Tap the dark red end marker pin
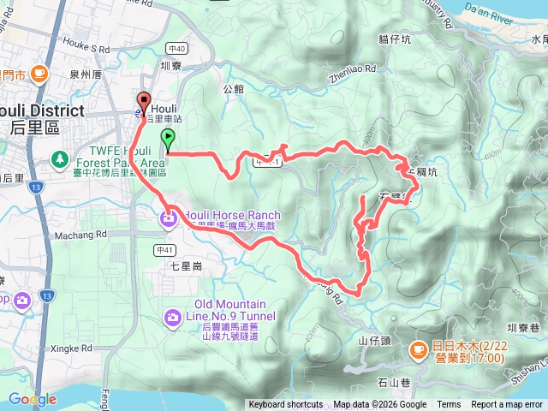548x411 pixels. pyautogui.click(x=144, y=100)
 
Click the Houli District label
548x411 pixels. pyautogui.click(x=43, y=111)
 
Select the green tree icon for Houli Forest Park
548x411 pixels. pyautogui.click(x=60, y=158)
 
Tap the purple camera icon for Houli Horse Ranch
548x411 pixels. pyautogui.click(x=169, y=220)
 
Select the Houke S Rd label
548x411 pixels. pyautogui.click(x=87, y=51)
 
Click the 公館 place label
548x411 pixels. pyautogui.click(x=234, y=87)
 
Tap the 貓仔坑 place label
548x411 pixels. pyautogui.click(x=396, y=39)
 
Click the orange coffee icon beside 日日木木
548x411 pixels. pyautogui.click(x=418, y=348)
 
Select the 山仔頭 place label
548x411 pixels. pyautogui.click(x=374, y=340)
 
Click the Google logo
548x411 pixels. pyautogui.click(x=32, y=399)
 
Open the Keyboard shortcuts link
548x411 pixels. pyautogui.click(x=286, y=405)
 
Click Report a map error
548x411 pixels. pyautogui.click(x=507, y=405)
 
